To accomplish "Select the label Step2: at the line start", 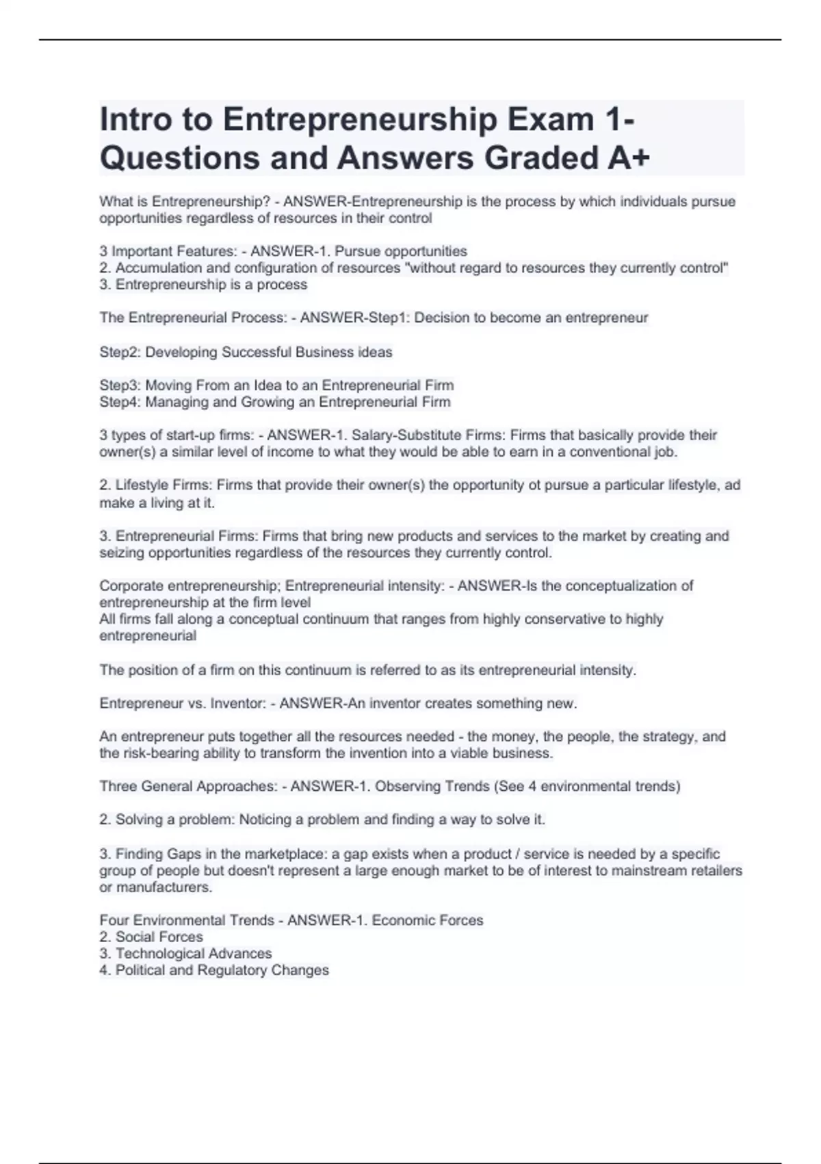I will pyautogui.click(x=120, y=353).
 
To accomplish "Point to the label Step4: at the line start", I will pyautogui.click(x=120, y=402).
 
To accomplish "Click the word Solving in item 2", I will pyautogui.click(x=140, y=820).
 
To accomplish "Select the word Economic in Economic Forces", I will pyautogui.click(x=402, y=920).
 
